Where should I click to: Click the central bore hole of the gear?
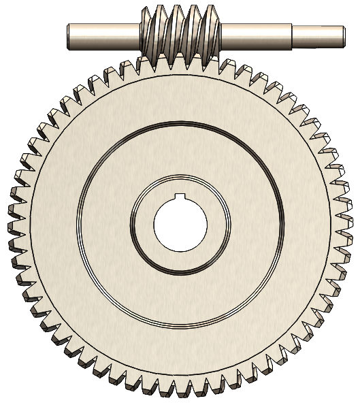click(x=180, y=224)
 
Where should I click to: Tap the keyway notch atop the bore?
click(x=180, y=197)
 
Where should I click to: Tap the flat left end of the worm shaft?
click(x=69, y=37)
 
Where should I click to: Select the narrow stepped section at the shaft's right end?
click(x=316, y=36)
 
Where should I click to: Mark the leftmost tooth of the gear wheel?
click(x=14, y=224)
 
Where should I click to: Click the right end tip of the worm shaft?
click(x=340, y=36)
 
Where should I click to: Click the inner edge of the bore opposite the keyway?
click(x=180, y=249)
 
